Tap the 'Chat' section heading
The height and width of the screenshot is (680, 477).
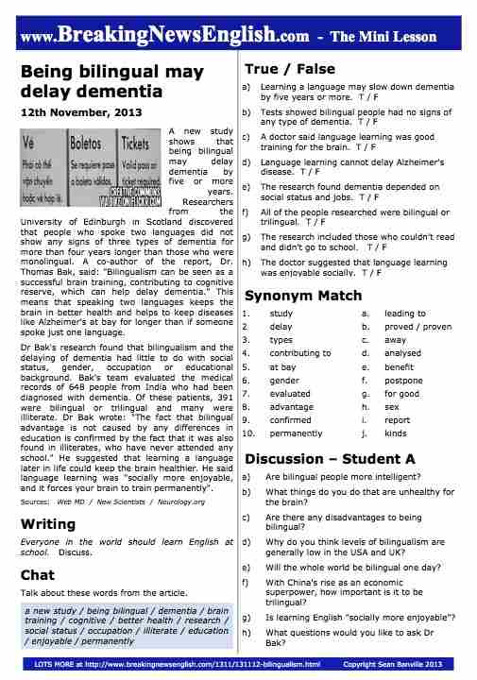pyautogui.click(x=37, y=573)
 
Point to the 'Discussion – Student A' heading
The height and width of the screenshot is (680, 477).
pyautogui.click(x=331, y=459)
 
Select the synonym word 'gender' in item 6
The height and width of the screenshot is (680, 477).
pyautogui.click(x=283, y=380)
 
